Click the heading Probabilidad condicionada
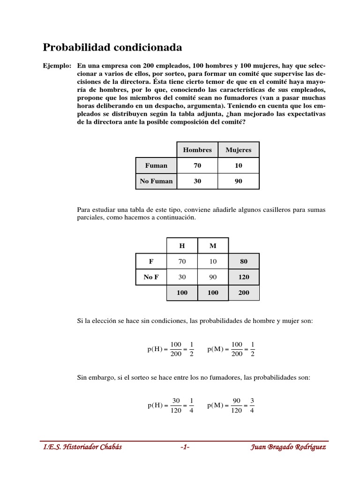pos(112,47)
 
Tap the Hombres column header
pos(197,150)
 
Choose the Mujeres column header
pos(238,150)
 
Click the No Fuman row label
pos(156,181)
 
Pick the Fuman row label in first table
pos(156,165)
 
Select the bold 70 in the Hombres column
pos(197,165)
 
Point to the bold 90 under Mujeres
pos(238,181)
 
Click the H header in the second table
pos(182,246)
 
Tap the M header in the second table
pos(213,246)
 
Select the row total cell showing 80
pos(244,262)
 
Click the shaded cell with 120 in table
pos(244,277)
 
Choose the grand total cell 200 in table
pos(244,292)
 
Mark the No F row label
pos(151,277)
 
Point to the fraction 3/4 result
pos(252,405)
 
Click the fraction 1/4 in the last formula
pos(191,405)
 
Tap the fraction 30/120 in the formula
pos(176,405)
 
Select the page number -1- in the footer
pos(184,447)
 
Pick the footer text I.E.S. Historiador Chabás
pos(82,447)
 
